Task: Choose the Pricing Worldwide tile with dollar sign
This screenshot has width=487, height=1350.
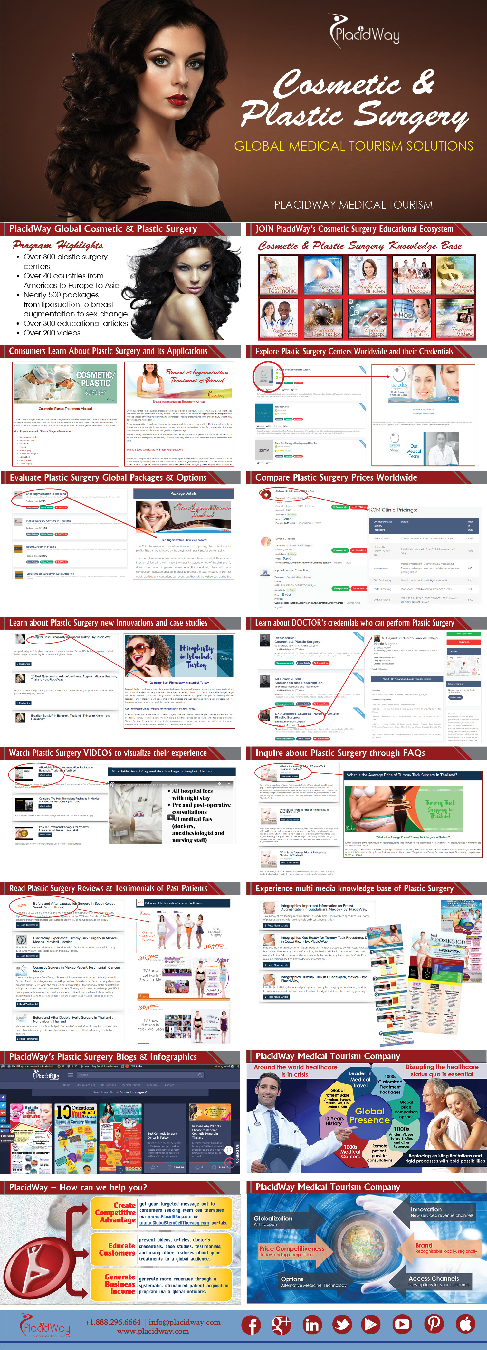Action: pos(455,276)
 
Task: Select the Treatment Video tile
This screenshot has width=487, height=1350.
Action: pos(455,318)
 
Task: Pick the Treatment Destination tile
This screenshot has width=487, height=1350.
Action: pos(322,318)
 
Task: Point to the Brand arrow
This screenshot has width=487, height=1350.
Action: pos(440,1247)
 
